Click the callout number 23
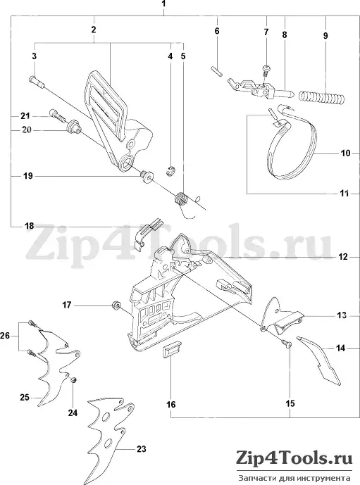pos(142,449)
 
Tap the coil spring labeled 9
pos(321,97)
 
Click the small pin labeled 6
pos(216,70)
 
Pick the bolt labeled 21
pos(58,118)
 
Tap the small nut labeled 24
pos(74,380)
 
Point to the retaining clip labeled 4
pos(170,171)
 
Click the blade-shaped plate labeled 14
pos(319,361)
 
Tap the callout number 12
pos(343,257)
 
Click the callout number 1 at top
pos(163,4)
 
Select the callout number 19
pos(28,176)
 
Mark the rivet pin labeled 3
pos(37,81)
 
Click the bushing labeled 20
pos(73,127)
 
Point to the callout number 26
pos(5,335)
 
